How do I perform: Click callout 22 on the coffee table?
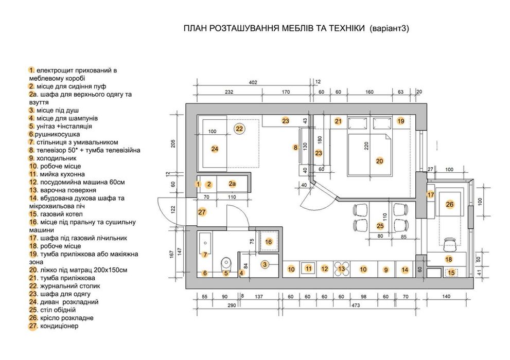(x=239, y=129)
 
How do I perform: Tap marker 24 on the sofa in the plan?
(x=215, y=149)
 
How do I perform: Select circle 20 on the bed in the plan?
(x=380, y=161)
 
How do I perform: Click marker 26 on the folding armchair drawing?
(x=449, y=205)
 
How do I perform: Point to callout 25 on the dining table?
(x=380, y=226)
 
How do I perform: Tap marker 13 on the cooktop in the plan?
(x=341, y=268)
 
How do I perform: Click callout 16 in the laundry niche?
(x=268, y=241)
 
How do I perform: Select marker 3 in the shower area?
(x=265, y=264)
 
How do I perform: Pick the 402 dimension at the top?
(x=253, y=82)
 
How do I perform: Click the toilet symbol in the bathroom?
(x=225, y=265)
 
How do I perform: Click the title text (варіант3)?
(x=389, y=29)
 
